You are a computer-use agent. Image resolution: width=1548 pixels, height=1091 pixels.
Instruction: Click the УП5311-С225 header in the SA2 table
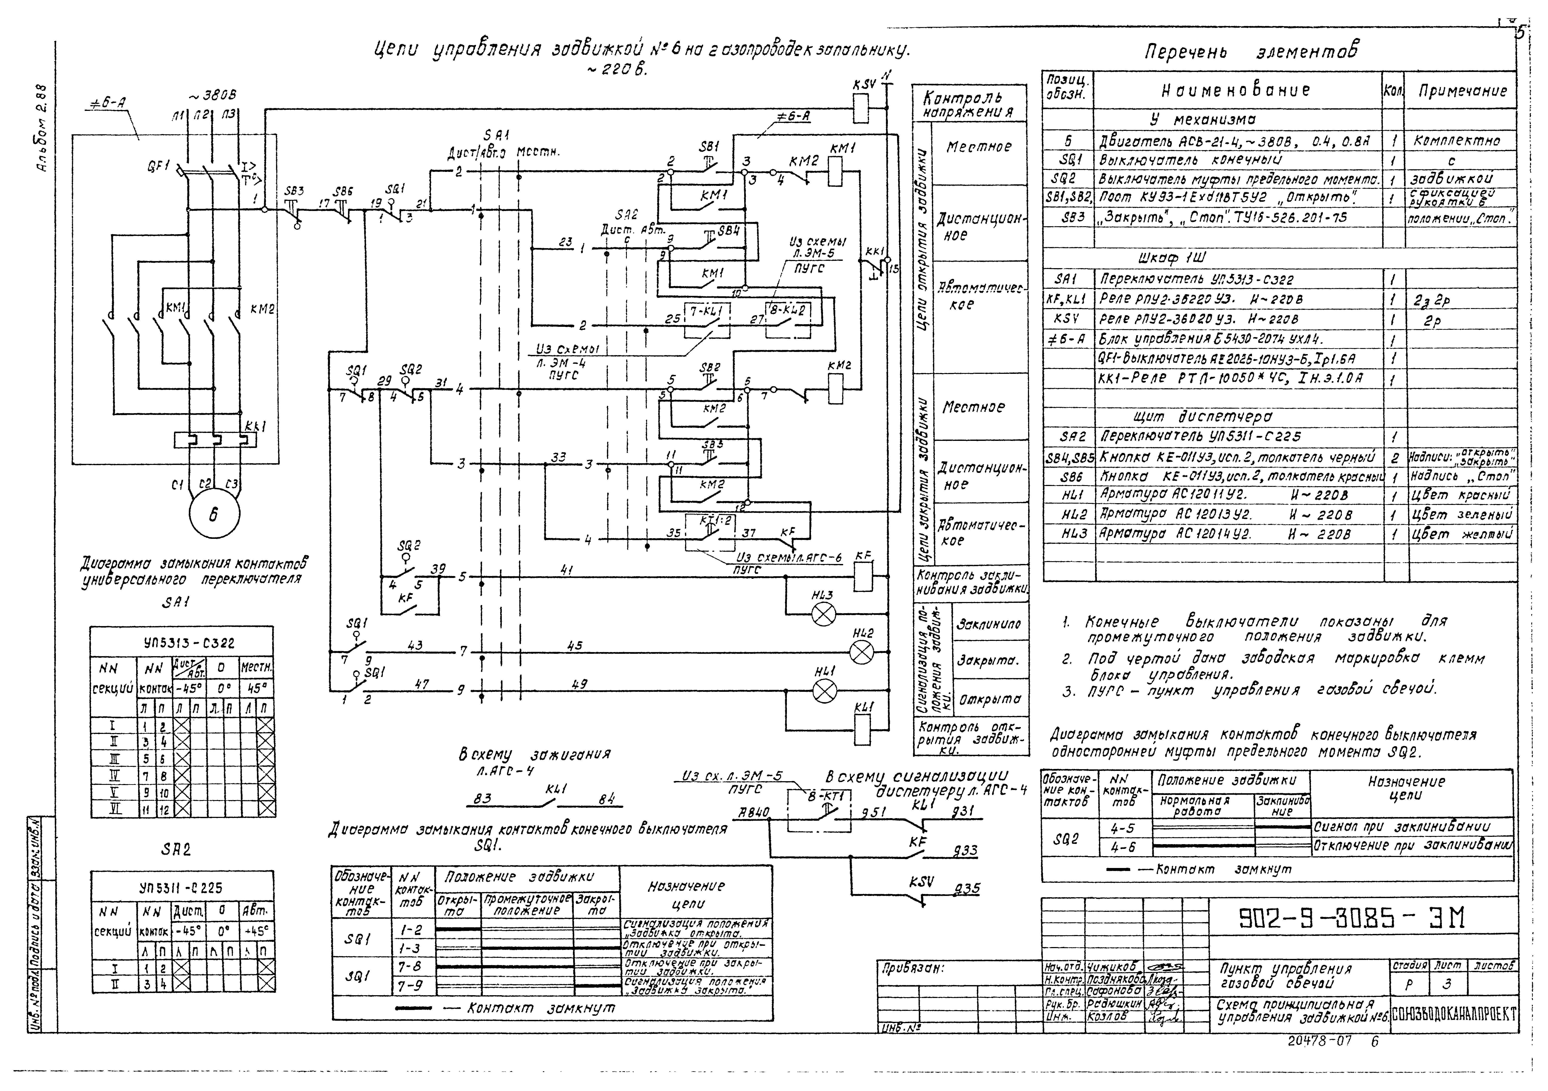coord(182,887)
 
